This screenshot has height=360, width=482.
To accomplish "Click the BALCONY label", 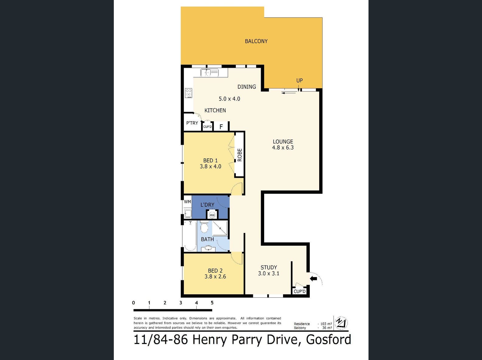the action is (x=256, y=41).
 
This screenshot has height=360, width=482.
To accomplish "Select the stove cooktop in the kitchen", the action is (x=188, y=93).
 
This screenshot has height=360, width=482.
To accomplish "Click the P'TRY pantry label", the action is (x=192, y=123).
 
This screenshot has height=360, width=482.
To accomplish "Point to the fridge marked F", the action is (x=221, y=126).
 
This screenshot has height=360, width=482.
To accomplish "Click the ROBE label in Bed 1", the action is (x=239, y=155).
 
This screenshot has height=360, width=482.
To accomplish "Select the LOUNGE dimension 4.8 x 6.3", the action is (x=283, y=147).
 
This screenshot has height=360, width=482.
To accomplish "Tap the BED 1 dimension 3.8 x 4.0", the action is (x=210, y=166).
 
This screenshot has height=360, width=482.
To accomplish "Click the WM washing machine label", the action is (x=187, y=202).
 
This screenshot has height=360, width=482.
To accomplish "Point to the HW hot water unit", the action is (x=212, y=215).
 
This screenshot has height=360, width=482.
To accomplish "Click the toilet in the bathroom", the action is (x=204, y=227).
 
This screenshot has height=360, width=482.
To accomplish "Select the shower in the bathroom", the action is (x=220, y=228).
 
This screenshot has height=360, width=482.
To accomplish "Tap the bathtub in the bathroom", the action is (x=190, y=236).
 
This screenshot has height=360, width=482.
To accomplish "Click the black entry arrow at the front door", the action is (x=313, y=279).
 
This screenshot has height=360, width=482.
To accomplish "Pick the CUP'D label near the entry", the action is (x=299, y=291).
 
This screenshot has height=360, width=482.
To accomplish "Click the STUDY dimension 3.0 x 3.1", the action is (x=269, y=273).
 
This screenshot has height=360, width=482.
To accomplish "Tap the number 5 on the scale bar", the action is (x=212, y=303).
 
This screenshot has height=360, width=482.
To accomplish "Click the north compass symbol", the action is (x=341, y=323).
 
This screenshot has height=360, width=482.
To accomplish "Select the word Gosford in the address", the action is (x=329, y=340).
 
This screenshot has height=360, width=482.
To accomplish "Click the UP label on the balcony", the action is (x=299, y=81).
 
